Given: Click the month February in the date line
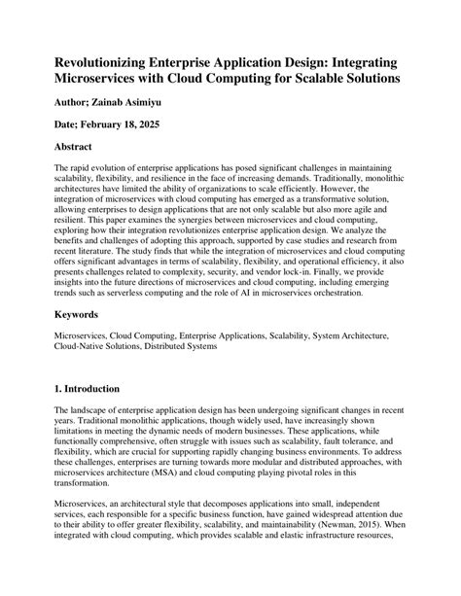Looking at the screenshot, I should (110, 125).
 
